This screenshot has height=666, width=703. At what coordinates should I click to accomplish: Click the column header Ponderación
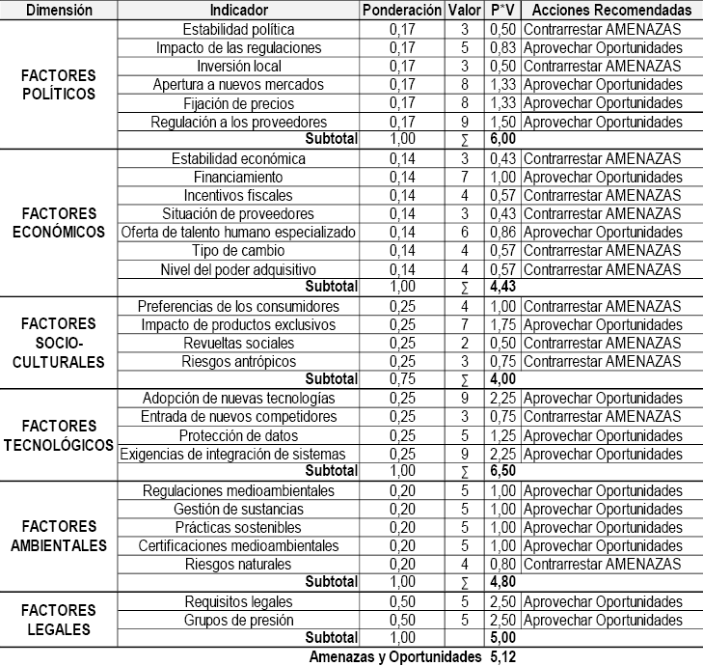pyautogui.click(x=402, y=11)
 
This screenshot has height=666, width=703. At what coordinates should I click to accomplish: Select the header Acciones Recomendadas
pyautogui.click(x=611, y=11)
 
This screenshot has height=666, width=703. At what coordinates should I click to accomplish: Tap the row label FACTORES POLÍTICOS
pyautogui.click(x=59, y=85)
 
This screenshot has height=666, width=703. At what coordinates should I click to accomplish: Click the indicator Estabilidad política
pyautogui.click(x=239, y=30)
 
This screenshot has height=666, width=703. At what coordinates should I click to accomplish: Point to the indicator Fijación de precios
pyautogui.click(x=239, y=103)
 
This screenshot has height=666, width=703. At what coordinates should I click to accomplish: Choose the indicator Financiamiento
pyautogui.click(x=239, y=177)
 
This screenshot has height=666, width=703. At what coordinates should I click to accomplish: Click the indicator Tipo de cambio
pyautogui.click(x=239, y=250)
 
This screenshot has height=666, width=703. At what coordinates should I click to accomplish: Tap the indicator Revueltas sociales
pyautogui.click(x=239, y=343)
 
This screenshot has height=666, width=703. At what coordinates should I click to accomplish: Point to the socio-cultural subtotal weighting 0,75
pyautogui.click(x=402, y=379)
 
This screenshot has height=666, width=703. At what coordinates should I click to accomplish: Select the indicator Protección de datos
pyautogui.click(x=239, y=434)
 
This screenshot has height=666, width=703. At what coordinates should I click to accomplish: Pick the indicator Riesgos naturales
pyautogui.click(x=239, y=564)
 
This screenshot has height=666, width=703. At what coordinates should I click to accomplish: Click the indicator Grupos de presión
pyautogui.click(x=239, y=620)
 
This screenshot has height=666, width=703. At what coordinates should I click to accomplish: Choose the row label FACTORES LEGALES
pyautogui.click(x=59, y=620)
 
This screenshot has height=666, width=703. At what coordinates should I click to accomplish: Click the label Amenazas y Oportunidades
pyautogui.click(x=394, y=656)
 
